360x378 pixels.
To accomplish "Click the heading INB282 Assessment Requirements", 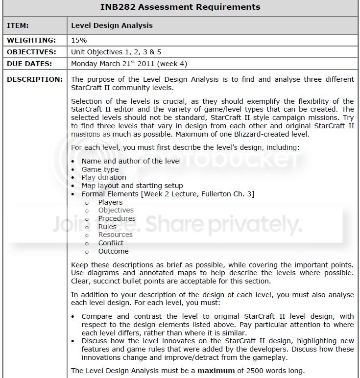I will click(180, 7).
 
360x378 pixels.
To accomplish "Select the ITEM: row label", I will click(18, 25).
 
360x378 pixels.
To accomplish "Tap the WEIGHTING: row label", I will click(31, 40).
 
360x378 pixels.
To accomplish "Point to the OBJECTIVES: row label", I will click(31, 51).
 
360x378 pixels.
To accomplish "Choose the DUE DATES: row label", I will click(30, 63).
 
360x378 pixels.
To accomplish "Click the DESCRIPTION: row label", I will click(35, 79).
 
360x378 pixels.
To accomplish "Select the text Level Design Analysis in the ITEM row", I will click(112, 25).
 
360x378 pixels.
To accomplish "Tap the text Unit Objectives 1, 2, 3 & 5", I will click(116, 51).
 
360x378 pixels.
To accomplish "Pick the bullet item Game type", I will click(100, 169).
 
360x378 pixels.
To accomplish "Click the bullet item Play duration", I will click(104, 177).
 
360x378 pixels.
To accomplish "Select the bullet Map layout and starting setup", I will click(132, 186).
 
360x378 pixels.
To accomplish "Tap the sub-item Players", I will click(110, 202).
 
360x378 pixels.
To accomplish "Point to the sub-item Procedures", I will click(117, 218).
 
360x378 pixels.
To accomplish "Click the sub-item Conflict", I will click(111, 243).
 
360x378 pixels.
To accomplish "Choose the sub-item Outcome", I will click(113, 251).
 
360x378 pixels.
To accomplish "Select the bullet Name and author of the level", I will click(131, 161).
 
